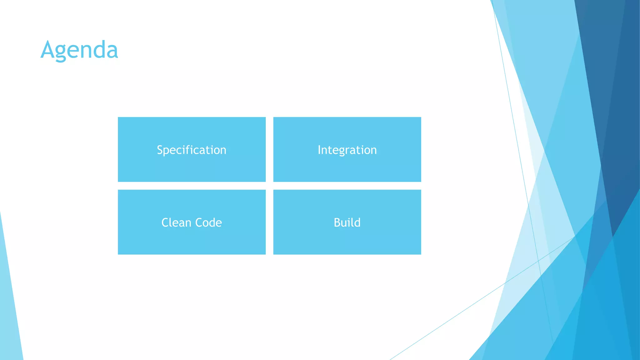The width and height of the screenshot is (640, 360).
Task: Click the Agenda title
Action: click(79, 50)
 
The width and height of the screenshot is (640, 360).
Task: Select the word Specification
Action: click(192, 150)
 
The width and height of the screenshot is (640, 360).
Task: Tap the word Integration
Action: click(347, 150)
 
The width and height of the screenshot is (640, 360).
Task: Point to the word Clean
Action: click(176, 222)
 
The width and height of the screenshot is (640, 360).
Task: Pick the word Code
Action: click(208, 222)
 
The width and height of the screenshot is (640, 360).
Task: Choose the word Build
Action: click(347, 222)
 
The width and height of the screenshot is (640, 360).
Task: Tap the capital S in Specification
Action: click(160, 150)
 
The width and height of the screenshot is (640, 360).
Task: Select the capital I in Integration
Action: click(319, 150)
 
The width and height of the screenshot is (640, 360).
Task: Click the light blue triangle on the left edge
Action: click(9, 312)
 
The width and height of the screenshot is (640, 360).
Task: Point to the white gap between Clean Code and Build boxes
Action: click(269, 222)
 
